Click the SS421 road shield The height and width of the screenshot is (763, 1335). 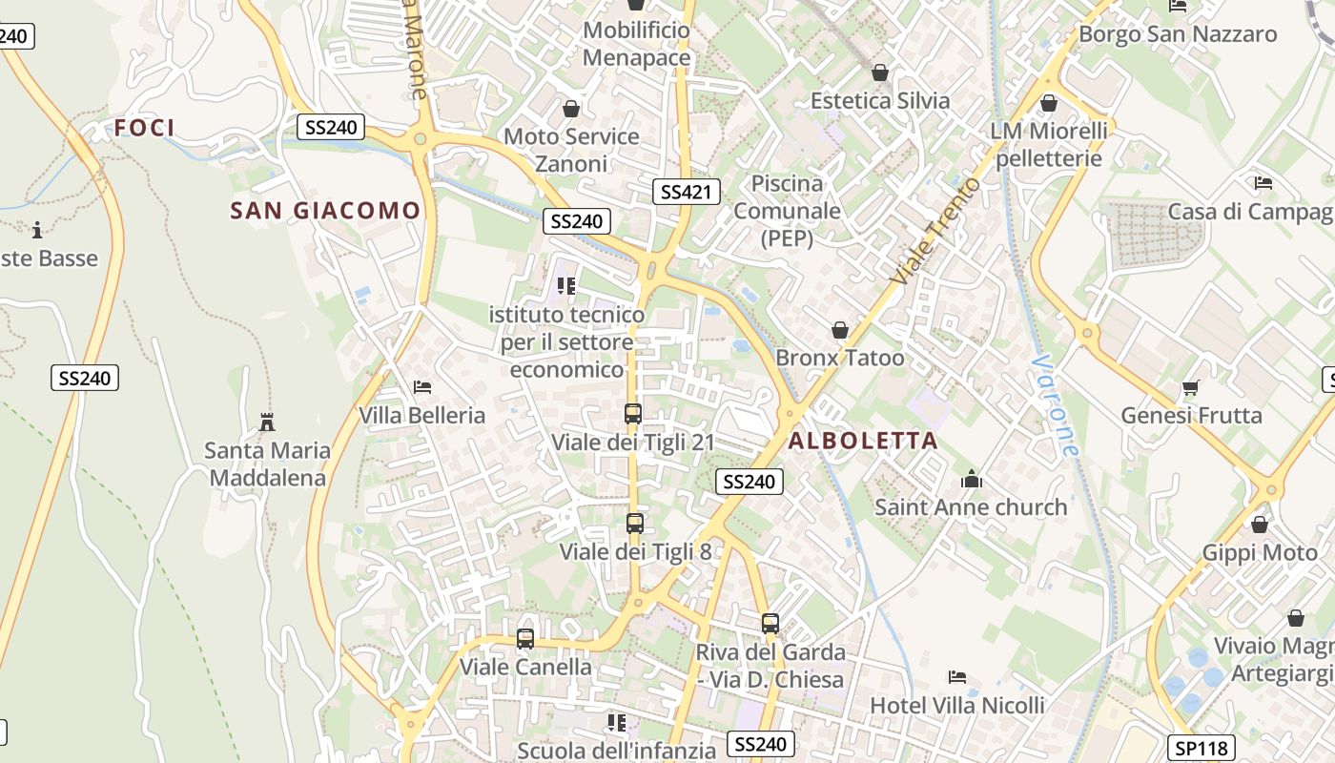[686, 192]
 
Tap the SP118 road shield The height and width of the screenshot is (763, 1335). [1201, 748]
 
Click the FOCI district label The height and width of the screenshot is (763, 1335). [145, 128]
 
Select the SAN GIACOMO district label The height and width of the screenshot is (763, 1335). [325, 211]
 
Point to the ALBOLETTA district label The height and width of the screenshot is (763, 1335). [863, 441]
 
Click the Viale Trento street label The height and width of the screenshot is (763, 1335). [935, 231]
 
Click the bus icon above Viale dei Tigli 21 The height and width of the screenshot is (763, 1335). [633, 414]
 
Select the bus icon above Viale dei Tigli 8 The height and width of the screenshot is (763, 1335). [635, 523]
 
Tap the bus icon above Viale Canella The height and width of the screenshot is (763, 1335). [525, 639]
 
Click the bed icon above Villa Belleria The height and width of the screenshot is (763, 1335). [422, 387]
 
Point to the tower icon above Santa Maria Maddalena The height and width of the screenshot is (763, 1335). [267, 422]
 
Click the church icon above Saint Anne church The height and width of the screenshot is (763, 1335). [972, 479]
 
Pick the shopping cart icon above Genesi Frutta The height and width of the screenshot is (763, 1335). [1190, 387]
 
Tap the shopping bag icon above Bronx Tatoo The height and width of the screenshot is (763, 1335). [840, 330]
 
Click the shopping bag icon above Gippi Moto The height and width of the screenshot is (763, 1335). [1260, 525]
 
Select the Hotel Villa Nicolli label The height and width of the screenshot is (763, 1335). [957, 706]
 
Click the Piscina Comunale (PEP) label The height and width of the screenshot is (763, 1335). [788, 211]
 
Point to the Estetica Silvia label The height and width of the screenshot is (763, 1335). [880, 100]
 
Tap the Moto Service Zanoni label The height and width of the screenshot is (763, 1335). [571, 150]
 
